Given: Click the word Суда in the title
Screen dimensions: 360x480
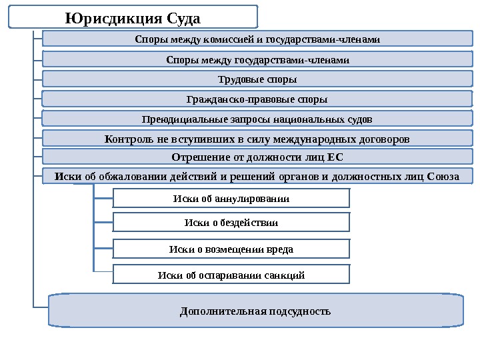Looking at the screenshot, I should pyautogui.click(x=176, y=17).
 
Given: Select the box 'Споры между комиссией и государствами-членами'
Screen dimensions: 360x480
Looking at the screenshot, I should pyautogui.click(x=257, y=39).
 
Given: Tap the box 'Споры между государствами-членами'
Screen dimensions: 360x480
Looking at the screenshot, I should pyautogui.click(x=257, y=60).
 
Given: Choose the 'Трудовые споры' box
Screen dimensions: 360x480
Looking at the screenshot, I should pyautogui.click(x=257, y=80).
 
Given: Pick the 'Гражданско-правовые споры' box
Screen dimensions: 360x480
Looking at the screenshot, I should pyautogui.click(x=257, y=100).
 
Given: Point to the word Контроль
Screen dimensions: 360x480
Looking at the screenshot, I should pyautogui.click(x=128, y=139).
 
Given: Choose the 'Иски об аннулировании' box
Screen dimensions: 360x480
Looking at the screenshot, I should pyautogui.click(x=231, y=199).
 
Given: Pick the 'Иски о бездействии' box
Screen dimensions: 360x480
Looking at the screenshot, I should pyautogui.click(x=231, y=223).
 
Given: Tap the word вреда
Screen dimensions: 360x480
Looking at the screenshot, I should pyautogui.click(x=279, y=249).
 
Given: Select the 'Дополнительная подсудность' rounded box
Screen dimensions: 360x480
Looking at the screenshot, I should pyautogui.click(x=255, y=311).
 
